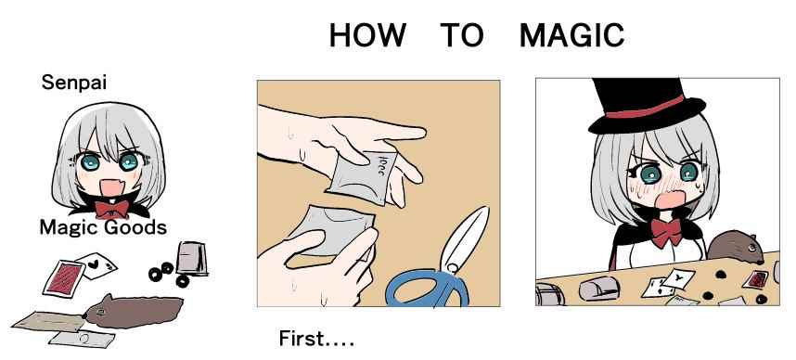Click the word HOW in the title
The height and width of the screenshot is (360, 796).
point(367,35)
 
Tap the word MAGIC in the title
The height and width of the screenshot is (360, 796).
point(571,35)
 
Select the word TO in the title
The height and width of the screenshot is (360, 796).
point(462,35)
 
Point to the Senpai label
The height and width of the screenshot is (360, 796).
point(74,83)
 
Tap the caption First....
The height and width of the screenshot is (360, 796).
point(316,339)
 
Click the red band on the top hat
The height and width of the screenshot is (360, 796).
point(645,107)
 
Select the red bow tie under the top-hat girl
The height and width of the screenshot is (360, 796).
point(666,233)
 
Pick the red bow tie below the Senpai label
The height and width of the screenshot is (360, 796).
point(111,209)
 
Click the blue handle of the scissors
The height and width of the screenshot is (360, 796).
point(426,289)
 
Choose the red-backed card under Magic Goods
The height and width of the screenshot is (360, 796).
point(64,278)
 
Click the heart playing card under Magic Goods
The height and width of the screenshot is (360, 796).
point(96,265)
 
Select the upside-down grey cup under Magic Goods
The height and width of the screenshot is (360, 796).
point(192,259)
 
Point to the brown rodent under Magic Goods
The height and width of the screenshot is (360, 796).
point(133,311)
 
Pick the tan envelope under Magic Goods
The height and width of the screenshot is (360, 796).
point(49,321)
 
